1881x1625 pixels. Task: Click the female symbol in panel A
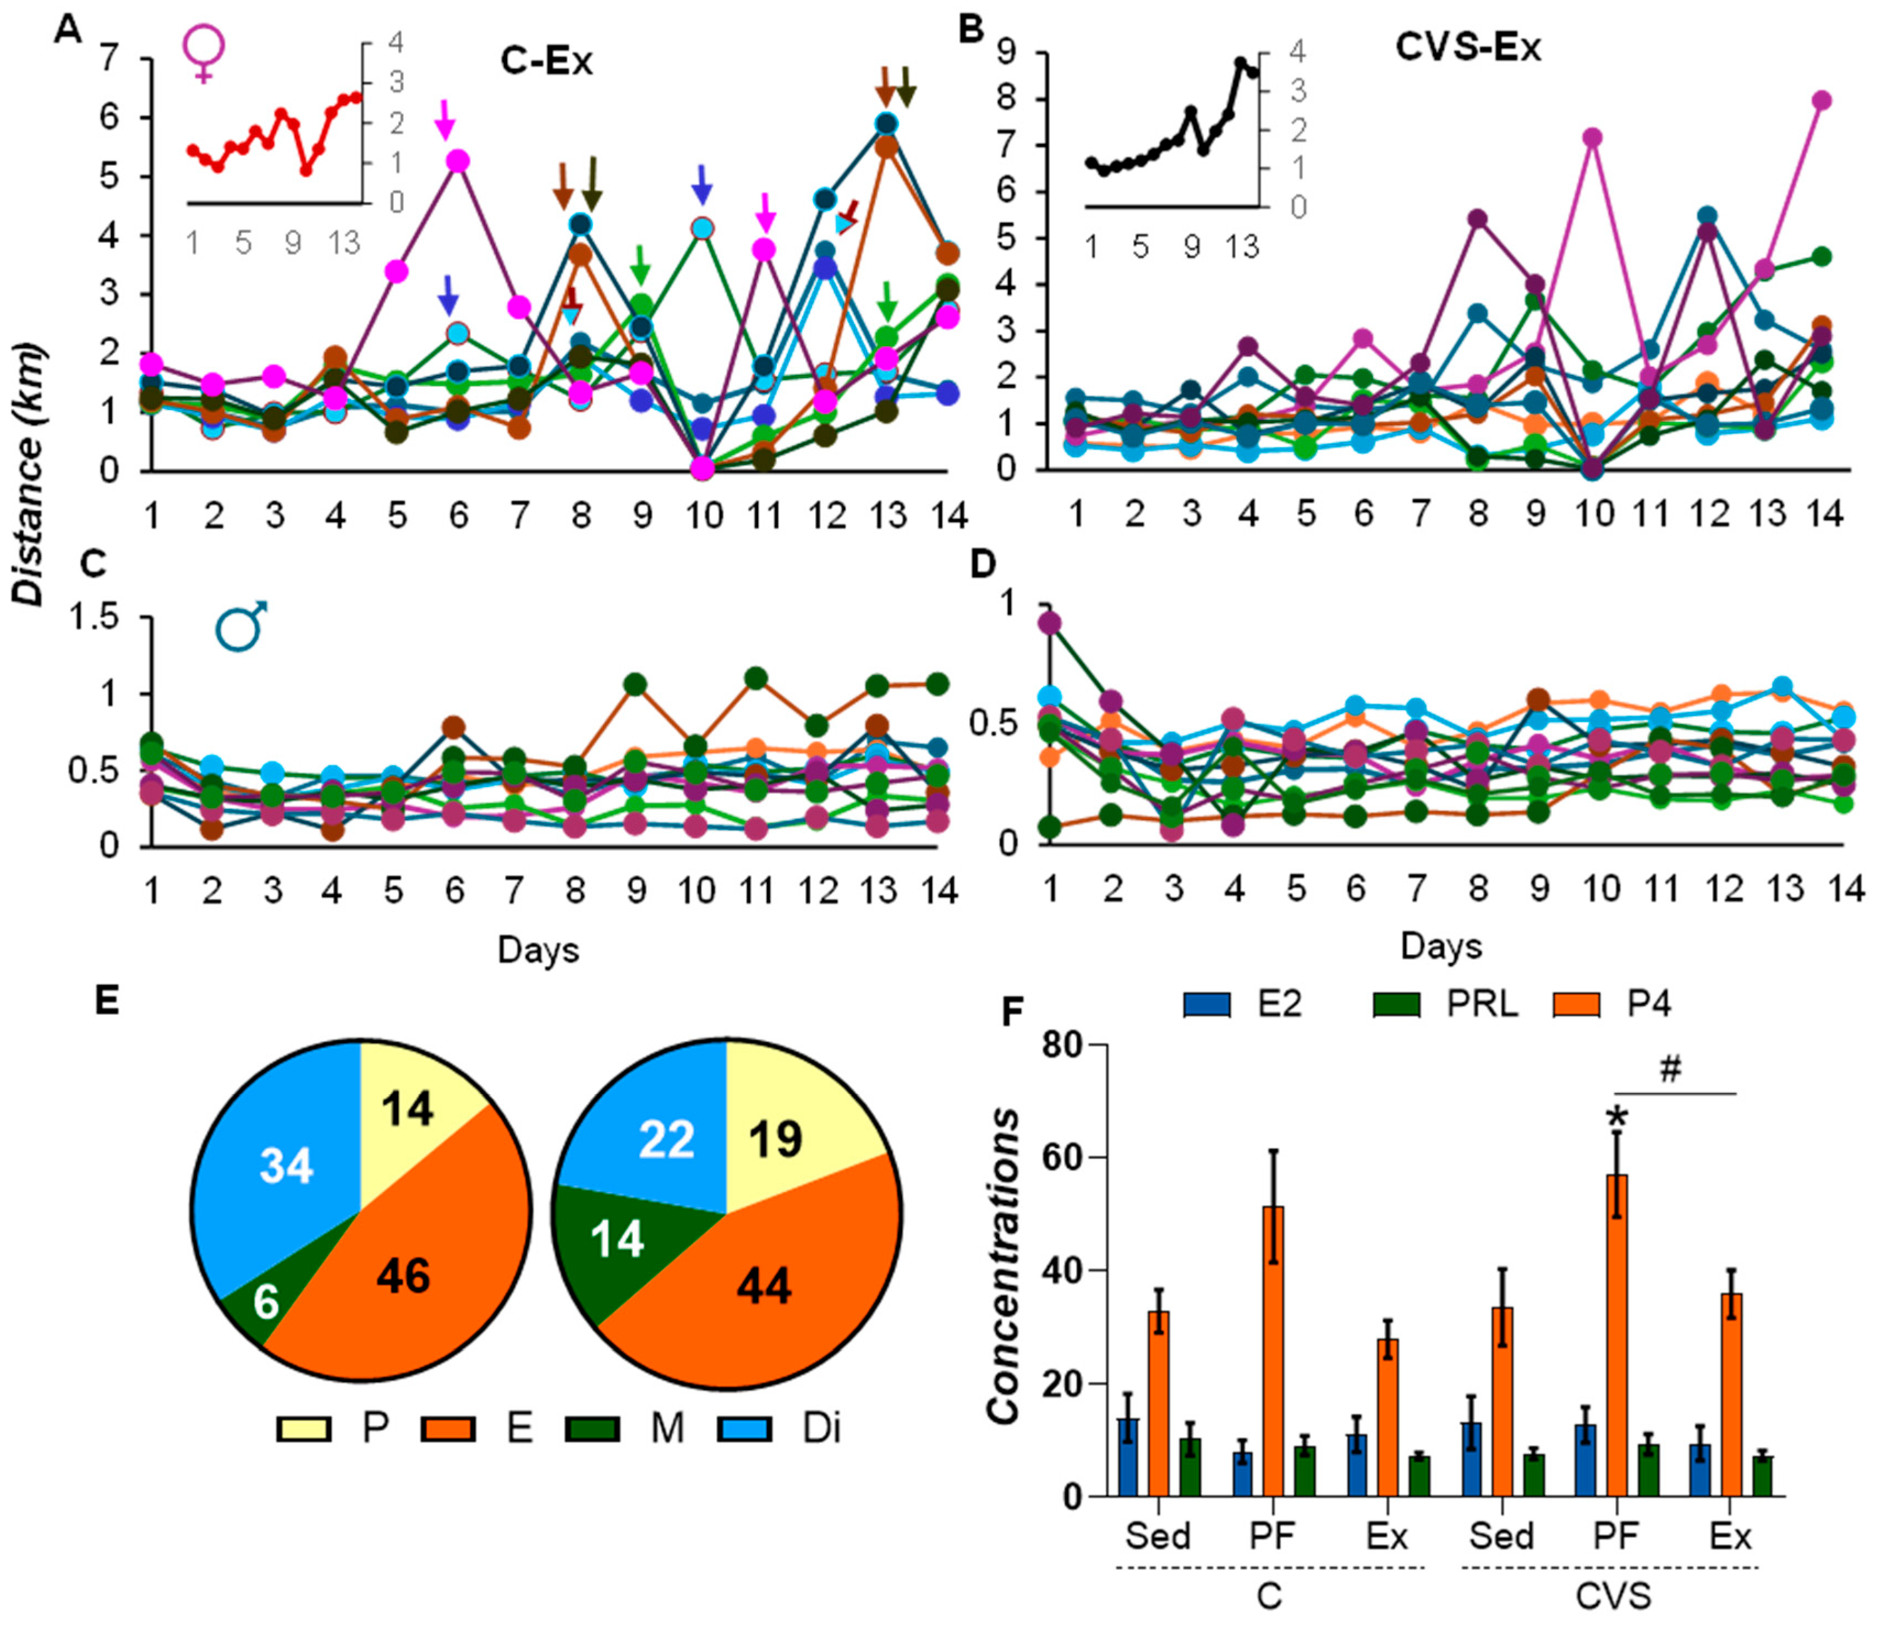(204, 53)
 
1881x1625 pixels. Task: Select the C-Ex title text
(546, 62)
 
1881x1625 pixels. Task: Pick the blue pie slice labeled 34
(282, 1171)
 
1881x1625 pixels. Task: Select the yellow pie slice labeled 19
(781, 1135)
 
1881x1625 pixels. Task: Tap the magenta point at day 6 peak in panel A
(458, 161)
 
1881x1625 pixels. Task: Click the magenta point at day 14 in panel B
(1821, 100)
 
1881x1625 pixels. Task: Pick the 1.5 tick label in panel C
(101, 618)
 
